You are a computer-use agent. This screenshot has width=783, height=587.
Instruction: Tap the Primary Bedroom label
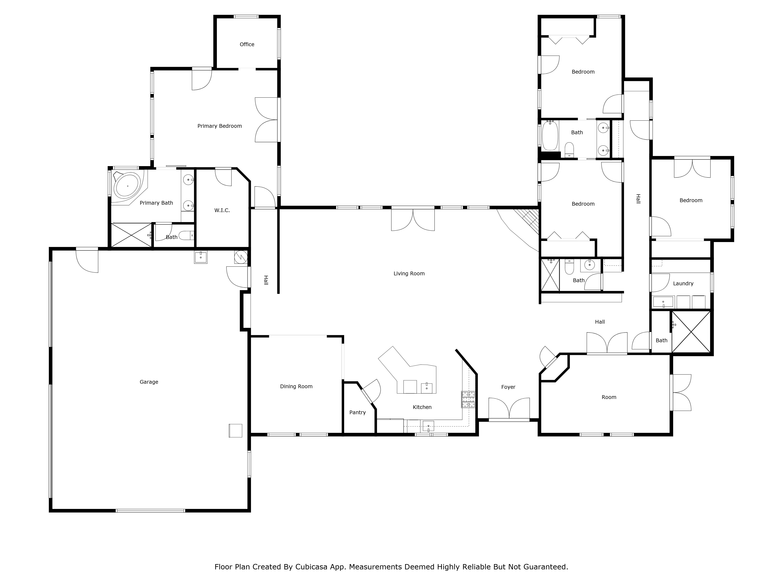219,126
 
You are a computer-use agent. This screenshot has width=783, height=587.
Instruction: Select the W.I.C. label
222,210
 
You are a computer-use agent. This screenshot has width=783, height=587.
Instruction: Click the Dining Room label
296,386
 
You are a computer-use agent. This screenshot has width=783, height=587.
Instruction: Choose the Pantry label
357,412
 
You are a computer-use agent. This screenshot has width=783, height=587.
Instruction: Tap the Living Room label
409,274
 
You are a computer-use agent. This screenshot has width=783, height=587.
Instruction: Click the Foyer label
508,387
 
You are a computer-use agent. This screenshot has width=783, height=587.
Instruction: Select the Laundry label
683,283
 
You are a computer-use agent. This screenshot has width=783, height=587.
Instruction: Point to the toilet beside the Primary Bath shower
187,235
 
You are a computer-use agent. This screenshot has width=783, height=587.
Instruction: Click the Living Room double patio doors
413,219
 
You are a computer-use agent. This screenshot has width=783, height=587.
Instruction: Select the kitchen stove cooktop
468,400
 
